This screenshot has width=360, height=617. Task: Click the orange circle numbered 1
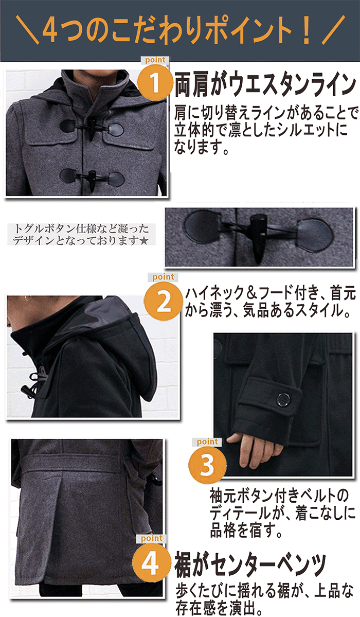tap(156, 82)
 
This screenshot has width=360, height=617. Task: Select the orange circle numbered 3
tap(207, 465)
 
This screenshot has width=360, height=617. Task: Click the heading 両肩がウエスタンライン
tap(265, 84)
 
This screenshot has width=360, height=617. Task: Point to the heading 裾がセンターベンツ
tap(250, 565)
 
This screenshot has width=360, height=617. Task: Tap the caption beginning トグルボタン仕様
tap(81, 234)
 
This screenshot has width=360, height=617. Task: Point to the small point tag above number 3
tap(207, 442)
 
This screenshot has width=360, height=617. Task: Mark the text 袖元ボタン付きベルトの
tap(279, 496)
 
